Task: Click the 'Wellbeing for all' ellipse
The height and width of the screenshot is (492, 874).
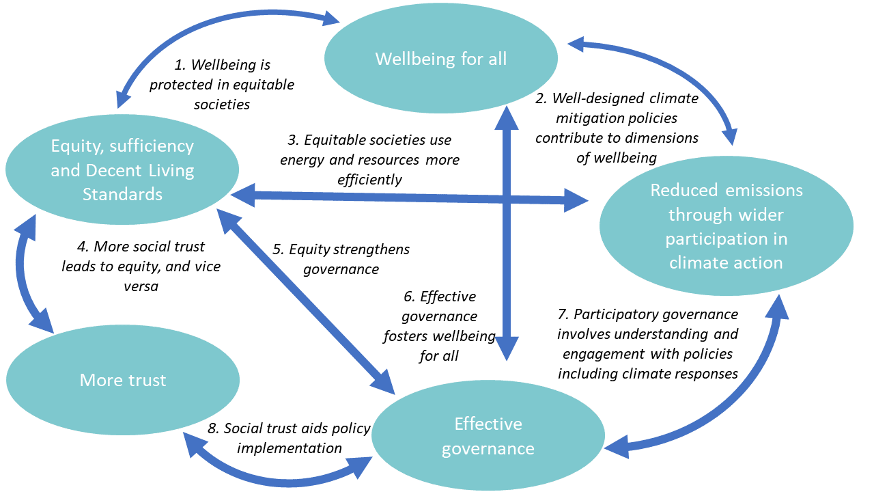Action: point(441,58)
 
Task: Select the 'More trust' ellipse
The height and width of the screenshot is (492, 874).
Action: point(123,380)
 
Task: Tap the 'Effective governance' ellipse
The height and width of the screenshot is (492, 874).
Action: point(488,436)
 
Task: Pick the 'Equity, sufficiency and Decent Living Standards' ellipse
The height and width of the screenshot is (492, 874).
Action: point(122,169)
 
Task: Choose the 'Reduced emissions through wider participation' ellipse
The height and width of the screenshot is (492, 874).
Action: point(727,226)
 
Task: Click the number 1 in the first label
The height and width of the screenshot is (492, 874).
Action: point(180,65)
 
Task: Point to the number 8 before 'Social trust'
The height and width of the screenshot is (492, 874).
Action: point(213,428)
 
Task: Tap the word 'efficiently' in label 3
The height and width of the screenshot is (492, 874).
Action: point(369,180)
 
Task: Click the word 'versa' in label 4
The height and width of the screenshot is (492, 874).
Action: point(141,286)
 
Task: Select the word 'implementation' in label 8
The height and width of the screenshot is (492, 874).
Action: point(290,448)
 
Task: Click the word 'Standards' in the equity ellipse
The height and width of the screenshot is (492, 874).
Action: point(122,195)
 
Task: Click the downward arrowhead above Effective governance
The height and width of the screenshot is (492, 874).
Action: point(507,348)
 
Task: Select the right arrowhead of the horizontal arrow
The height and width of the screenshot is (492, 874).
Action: point(576,201)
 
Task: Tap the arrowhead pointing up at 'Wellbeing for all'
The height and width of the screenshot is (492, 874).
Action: point(507,118)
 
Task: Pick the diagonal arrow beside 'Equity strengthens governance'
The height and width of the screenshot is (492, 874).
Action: point(306,301)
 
